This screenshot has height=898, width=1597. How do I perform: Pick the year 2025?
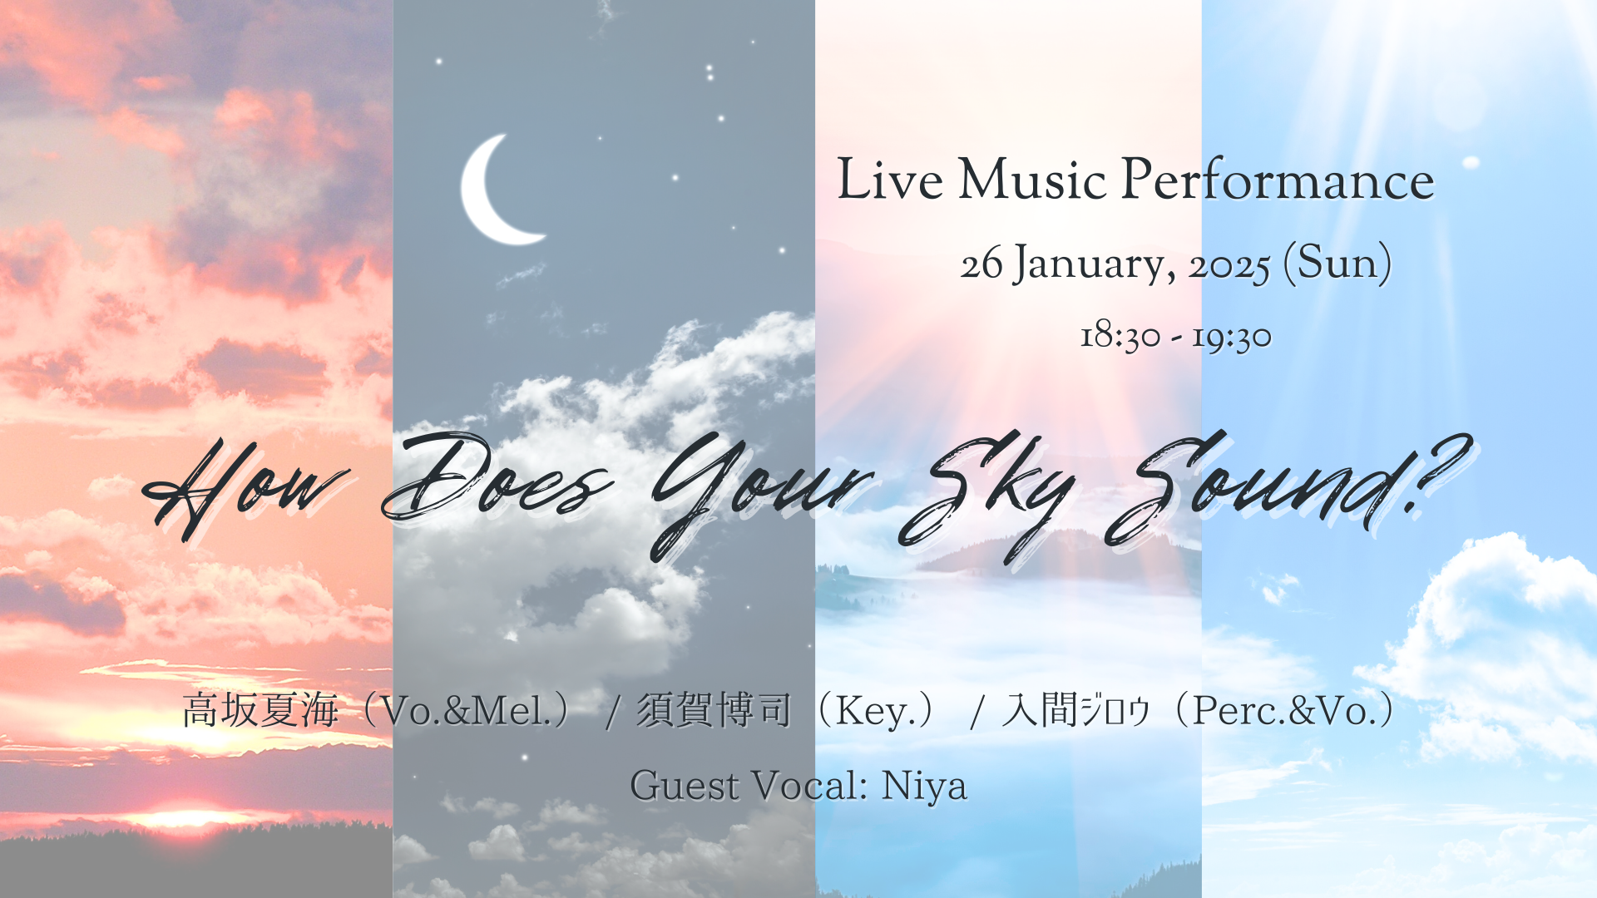point(1229,267)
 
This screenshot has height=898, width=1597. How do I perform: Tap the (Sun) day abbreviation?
point(1337,264)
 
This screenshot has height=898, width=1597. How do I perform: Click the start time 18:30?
point(1120,337)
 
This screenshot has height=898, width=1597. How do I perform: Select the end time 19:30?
point(1232,337)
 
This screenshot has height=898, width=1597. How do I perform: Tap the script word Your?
point(761,491)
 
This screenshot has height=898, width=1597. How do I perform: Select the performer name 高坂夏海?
point(260,711)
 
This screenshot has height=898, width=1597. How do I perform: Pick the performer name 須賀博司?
point(714,711)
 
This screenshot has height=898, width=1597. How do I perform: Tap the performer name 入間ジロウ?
point(1076,711)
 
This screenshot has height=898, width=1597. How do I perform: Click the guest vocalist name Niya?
point(924,786)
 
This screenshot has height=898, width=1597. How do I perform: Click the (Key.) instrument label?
point(879,711)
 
